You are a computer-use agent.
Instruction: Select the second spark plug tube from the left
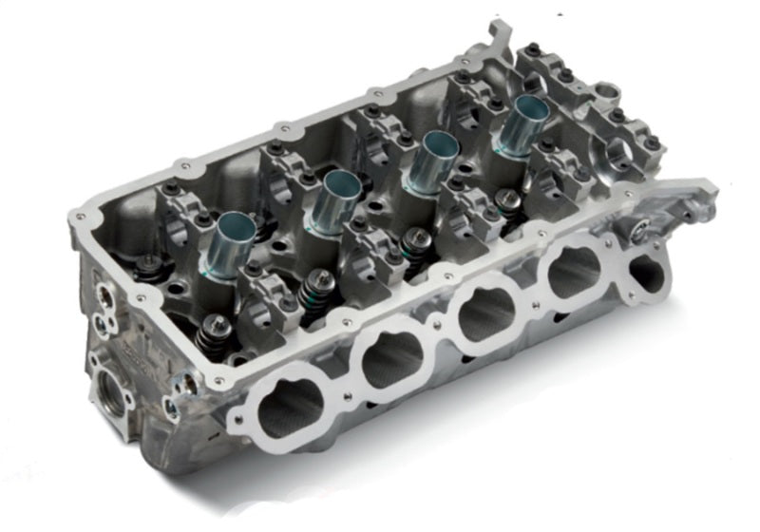[x=332, y=198]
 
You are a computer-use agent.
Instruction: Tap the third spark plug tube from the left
[x=435, y=159]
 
